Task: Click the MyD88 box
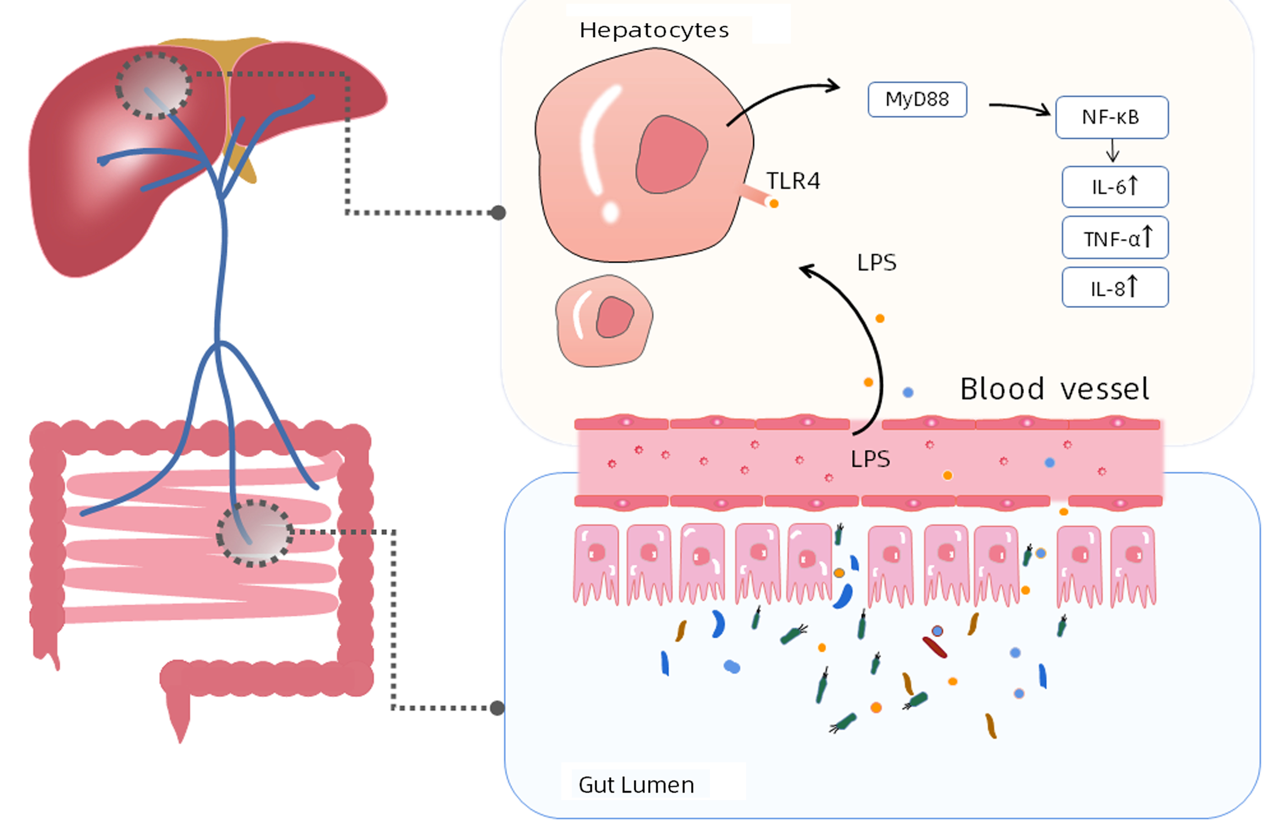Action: pyautogui.click(x=917, y=100)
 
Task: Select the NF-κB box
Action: pyautogui.click(x=1111, y=117)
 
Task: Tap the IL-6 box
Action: pyautogui.click(x=1114, y=187)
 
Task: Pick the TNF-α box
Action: pyautogui.click(x=1114, y=238)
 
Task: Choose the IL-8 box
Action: pyautogui.click(x=1114, y=288)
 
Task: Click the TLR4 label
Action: pyautogui.click(x=793, y=181)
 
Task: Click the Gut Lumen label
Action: pyautogui.click(x=636, y=785)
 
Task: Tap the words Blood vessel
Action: pyautogui.click(x=1054, y=389)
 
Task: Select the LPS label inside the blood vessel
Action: pyautogui.click(x=870, y=459)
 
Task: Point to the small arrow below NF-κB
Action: pyautogui.click(x=1112, y=151)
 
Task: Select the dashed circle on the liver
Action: pyautogui.click(x=153, y=85)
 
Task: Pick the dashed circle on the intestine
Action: pyautogui.click(x=255, y=533)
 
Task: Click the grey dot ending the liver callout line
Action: pyautogui.click(x=498, y=212)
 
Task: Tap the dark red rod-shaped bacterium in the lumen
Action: pyautogui.click(x=934, y=647)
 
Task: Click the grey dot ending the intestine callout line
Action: pyautogui.click(x=497, y=708)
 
